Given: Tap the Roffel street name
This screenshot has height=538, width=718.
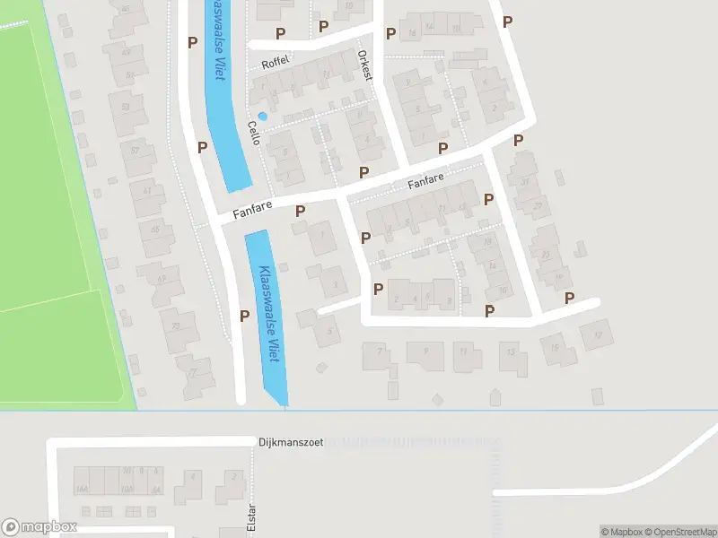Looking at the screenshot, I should pyautogui.click(x=272, y=65).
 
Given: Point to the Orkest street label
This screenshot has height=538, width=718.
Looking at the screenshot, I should pyautogui.click(x=364, y=65).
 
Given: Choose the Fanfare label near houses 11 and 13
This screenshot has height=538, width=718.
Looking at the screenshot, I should pyautogui.click(x=426, y=182).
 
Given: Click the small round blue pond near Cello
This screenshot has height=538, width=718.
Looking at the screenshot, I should pyautogui.click(x=262, y=116).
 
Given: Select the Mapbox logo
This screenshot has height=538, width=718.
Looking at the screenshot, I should pyautogui.click(x=39, y=527).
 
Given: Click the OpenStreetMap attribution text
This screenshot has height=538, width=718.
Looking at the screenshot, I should pyautogui.click(x=674, y=532).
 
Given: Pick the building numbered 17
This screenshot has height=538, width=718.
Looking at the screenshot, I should pyautogui.click(x=596, y=336).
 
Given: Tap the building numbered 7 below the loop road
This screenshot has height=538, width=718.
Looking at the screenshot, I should pyautogui.click(x=378, y=354).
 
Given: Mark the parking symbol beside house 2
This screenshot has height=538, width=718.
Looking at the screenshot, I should pyautogui.click(x=378, y=289).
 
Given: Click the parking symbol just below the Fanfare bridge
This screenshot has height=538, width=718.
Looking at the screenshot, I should pyautogui.click(x=301, y=211).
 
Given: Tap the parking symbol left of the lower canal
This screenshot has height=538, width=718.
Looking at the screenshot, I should pyautogui.click(x=244, y=315).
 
